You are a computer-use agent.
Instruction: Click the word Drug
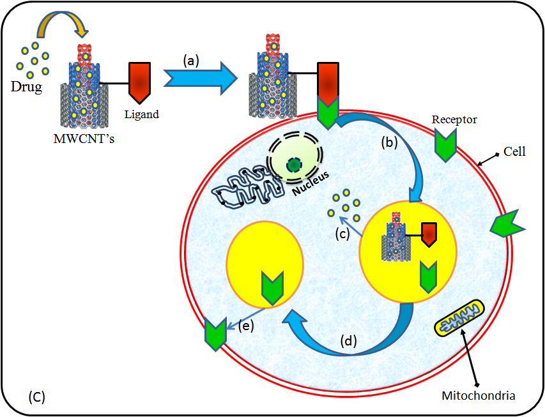[x=26, y=87]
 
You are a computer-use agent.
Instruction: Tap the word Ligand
[x=141, y=116]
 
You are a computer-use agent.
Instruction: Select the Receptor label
[x=454, y=119]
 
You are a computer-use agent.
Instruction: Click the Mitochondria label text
[x=478, y=396]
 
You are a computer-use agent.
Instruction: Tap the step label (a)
[x=192, y=61]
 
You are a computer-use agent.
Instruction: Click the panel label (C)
[x=37, y=397]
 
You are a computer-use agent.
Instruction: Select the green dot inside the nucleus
[x=294, y=165]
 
